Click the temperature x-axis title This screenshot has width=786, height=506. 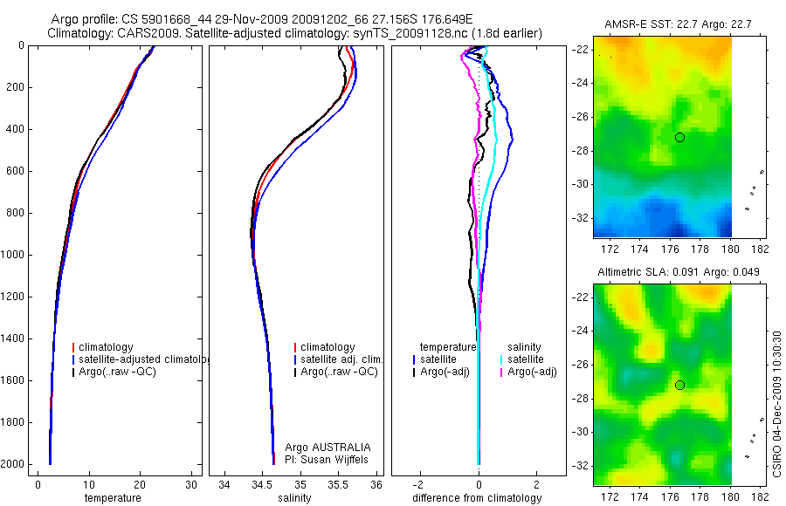click(112, 498)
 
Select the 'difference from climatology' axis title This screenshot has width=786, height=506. click(477, 498)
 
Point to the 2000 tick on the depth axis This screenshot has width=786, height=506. click(15, 464)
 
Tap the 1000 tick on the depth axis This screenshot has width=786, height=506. click(15, 255)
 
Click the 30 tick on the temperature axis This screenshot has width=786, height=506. click(191, 484)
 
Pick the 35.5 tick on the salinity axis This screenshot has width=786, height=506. click(339, 484)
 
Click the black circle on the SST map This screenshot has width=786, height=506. click(679, 138)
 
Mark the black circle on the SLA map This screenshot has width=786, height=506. click(679, 386)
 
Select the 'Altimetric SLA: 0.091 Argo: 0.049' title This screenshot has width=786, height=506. click(678, 272)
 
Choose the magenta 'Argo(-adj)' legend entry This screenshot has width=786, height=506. click(532, 373)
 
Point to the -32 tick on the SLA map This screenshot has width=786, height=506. click(580, 465)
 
